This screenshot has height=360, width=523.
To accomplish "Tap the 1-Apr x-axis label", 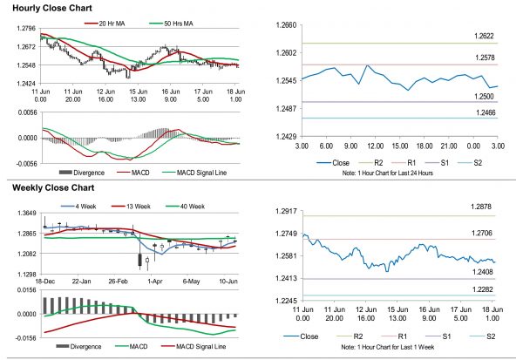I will click(x=156, y=282).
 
